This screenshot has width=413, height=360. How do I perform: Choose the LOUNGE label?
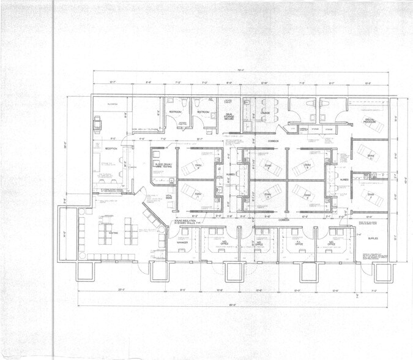click(265, 113)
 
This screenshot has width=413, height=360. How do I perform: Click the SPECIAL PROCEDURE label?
click(369, 121)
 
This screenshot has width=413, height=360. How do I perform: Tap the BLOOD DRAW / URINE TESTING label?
click(166, 167)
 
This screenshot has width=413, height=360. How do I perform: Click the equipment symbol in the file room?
click(96, 122)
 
